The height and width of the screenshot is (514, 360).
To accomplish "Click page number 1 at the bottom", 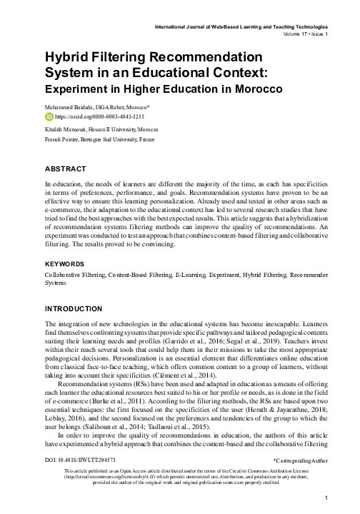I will click(x=326, y=498).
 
